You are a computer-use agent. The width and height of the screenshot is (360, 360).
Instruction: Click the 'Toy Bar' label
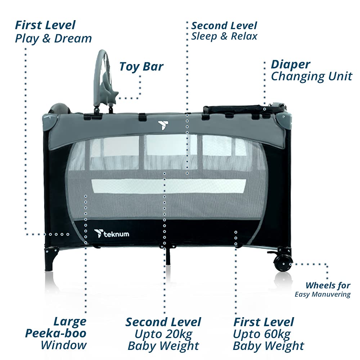141,67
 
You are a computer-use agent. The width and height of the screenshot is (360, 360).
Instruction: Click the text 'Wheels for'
328,285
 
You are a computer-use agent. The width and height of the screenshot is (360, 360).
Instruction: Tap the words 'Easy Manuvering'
323,294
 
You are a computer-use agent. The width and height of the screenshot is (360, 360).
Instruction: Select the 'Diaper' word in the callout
291,65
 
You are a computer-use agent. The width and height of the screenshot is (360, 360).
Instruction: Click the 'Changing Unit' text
311,76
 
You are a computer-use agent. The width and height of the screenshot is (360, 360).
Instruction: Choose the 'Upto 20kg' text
163,334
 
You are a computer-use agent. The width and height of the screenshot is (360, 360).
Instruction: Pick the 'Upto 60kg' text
262,334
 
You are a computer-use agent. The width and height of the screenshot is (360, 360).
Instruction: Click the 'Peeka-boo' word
55,333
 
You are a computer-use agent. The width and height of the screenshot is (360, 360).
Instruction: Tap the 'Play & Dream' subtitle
53,39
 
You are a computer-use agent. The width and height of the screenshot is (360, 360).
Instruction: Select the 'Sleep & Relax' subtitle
224,36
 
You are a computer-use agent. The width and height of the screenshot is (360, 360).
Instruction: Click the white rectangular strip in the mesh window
169,186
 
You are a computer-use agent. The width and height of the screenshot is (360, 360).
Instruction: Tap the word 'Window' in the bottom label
64,345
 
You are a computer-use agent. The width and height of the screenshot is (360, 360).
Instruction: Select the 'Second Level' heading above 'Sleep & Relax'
224,26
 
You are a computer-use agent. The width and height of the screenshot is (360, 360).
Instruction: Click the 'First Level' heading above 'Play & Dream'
45,25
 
